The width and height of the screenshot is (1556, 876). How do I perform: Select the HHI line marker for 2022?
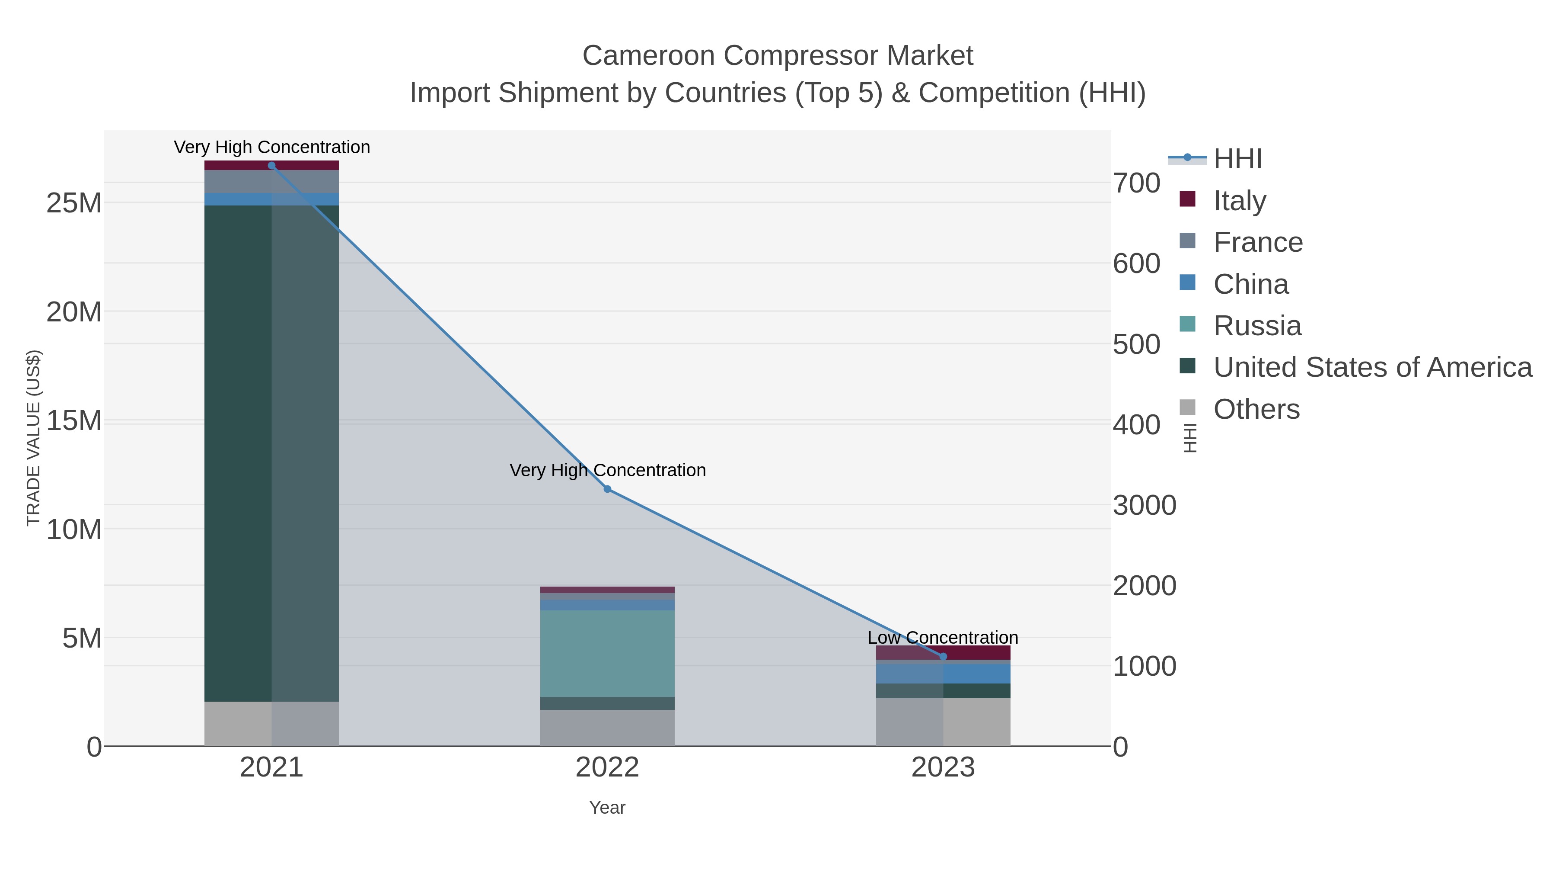607,489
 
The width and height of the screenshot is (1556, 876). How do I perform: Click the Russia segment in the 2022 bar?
607,653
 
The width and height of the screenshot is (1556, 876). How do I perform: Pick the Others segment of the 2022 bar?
607,728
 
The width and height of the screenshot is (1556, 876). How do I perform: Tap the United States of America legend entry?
1372,368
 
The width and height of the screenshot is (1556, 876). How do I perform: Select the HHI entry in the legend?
1237,159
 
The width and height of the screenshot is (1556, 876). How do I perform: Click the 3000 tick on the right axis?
1144,505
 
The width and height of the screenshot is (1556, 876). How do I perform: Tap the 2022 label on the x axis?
607,768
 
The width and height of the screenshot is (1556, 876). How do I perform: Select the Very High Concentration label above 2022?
607,470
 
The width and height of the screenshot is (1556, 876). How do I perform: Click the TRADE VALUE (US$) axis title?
34,438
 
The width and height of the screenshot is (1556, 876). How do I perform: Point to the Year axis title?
607,808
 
